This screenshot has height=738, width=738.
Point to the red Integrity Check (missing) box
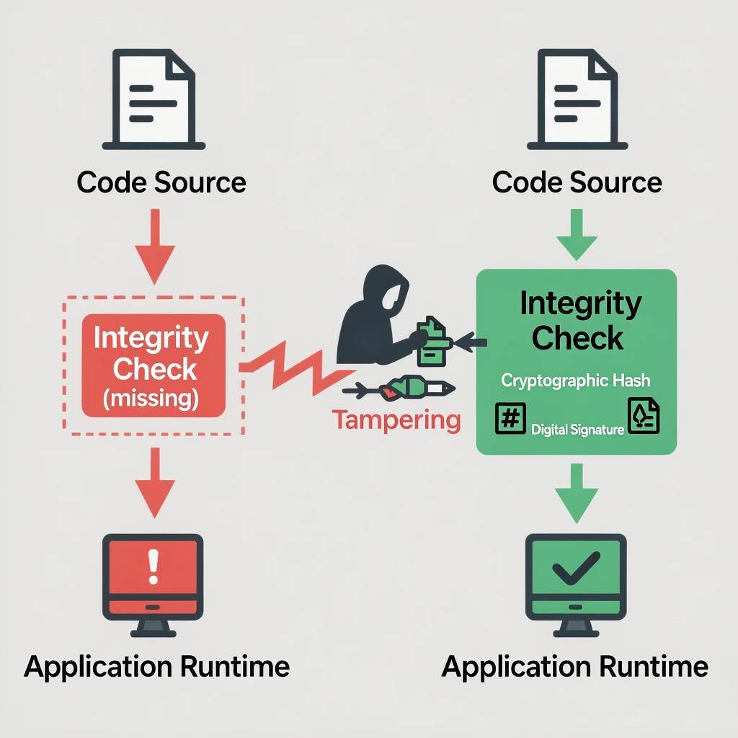pos(154,365)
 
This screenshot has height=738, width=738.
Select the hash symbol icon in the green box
pos(510,418)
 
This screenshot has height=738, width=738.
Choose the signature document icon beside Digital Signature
pos(643,417)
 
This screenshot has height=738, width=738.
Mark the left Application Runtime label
pos(157,666)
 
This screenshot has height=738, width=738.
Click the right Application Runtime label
pos(575,666)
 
